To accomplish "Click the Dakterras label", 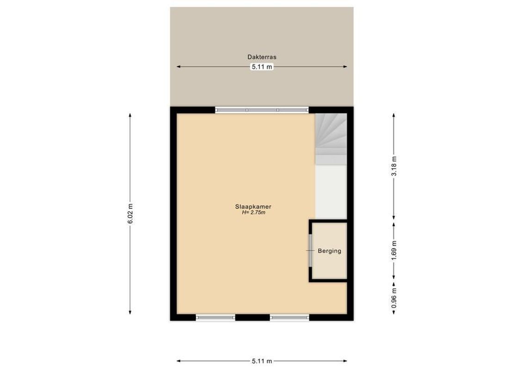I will (x=262, y=57).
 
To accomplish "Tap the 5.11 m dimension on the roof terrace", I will (x=262, y=67).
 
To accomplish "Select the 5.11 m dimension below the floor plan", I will (x=262, y=361).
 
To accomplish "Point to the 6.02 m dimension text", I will (x=130, y=214).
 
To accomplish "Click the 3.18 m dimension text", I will (x=394, y=166).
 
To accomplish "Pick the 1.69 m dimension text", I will (x=394, y=250).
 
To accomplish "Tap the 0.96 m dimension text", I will (x=394, y=299).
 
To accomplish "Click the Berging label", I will (x=329, y=251).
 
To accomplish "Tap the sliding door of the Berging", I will (x=310, y=250).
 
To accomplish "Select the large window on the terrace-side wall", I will (x=262, y=110).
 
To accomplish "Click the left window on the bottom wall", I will (x=215, y=318).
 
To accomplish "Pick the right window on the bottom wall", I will (x=289, y=318).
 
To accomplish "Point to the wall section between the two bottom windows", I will (x=252, y=318).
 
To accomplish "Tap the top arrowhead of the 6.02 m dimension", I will (x=130, y=115).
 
